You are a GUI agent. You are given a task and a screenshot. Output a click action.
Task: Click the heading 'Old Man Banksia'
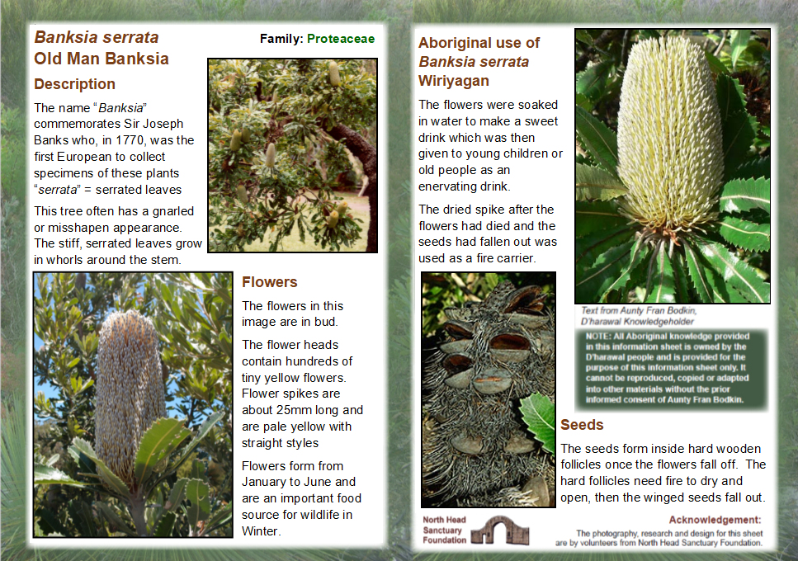[101, 59]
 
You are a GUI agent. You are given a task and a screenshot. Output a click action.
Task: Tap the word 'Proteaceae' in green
[341, 39]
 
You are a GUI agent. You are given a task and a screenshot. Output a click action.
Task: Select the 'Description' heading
[74, 84]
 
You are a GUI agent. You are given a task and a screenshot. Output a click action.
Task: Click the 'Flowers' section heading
[269, 282]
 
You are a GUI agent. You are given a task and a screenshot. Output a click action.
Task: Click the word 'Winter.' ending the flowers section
[262, 531]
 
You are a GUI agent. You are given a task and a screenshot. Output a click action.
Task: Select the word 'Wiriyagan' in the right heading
[454, 81]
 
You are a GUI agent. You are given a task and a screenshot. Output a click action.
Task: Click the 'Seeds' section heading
[582, 425]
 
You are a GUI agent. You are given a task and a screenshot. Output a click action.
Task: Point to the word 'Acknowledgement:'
[715, 520]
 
